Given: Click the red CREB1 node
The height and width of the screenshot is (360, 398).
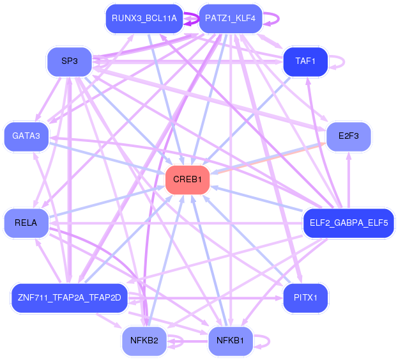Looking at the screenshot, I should coord(188,180).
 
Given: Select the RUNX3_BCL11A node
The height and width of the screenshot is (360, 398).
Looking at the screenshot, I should coord(144,19).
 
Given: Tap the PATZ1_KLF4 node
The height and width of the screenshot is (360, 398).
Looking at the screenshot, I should coord(231,19).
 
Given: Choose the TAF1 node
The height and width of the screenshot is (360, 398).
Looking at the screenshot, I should coord(305,61).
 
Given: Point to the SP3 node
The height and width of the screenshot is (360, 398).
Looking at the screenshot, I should coord(70,61).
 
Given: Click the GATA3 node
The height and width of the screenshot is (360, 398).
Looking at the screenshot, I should coord(26,136).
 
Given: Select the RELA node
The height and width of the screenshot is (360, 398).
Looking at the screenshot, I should coord(26,223).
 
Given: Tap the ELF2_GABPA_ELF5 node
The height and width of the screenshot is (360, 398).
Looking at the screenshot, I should coord(349,223).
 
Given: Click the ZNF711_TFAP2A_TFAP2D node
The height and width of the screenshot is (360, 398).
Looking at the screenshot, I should coord(70,298).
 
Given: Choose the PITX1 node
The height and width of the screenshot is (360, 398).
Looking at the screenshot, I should coord(305,298).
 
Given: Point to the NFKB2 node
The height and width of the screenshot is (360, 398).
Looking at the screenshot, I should coord(144,341).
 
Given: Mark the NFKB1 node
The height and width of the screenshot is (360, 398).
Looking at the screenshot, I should coord(231,341).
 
